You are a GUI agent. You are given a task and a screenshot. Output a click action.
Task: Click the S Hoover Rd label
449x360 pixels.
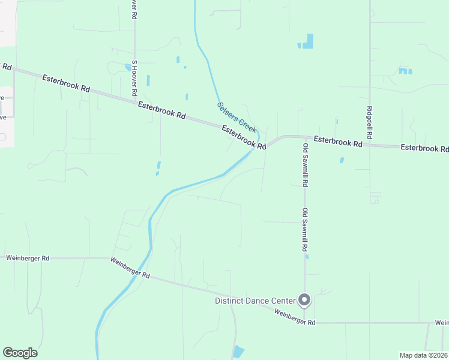pyautogui.click(x=135, y=79)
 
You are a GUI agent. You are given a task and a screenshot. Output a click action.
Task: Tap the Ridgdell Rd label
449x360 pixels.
pyautogui.click(x=369, y=120)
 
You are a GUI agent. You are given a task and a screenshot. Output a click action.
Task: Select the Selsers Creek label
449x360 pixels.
pyautogui.click(x=237, y=117)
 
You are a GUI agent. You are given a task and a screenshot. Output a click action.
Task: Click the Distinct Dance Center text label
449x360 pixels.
pyautogui.click(x=255, y=301)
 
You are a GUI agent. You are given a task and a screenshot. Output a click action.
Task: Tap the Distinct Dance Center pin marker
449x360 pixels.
pyautogui.click(x=304, y=299)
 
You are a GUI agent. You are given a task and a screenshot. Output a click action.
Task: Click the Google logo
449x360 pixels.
pyautogui.click(x=20, y=353)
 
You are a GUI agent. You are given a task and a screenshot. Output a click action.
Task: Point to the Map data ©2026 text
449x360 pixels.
pyautogui.click(x=423, y=355)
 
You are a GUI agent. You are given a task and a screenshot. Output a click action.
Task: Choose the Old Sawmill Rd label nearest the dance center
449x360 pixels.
pyautogui.click(x=305, y=229)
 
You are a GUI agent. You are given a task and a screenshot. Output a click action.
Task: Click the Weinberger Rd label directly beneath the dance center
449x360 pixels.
pyautogui.click(x=295, y=317)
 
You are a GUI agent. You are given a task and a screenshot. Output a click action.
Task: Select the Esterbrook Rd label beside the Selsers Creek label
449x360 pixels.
pyautogui.click(x=244, y=137)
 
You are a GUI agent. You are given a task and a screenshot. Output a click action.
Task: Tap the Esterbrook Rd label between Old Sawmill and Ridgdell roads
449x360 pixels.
pyautogui.click(x=338, y=142)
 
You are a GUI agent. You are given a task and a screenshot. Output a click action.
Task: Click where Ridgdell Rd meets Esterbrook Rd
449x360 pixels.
pyautogui.click(x=369, y=145)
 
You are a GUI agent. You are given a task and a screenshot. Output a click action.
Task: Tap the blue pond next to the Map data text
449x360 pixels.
pyautogui.click(x=239, y=352)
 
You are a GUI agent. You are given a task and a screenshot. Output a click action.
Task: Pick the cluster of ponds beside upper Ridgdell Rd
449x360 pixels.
pyautogui.click(x=405, y=71)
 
